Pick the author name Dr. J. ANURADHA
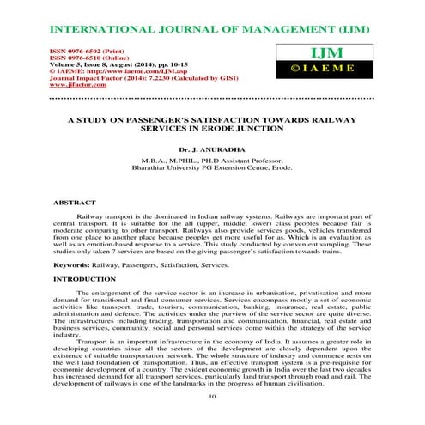211,148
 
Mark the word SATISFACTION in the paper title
215,118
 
